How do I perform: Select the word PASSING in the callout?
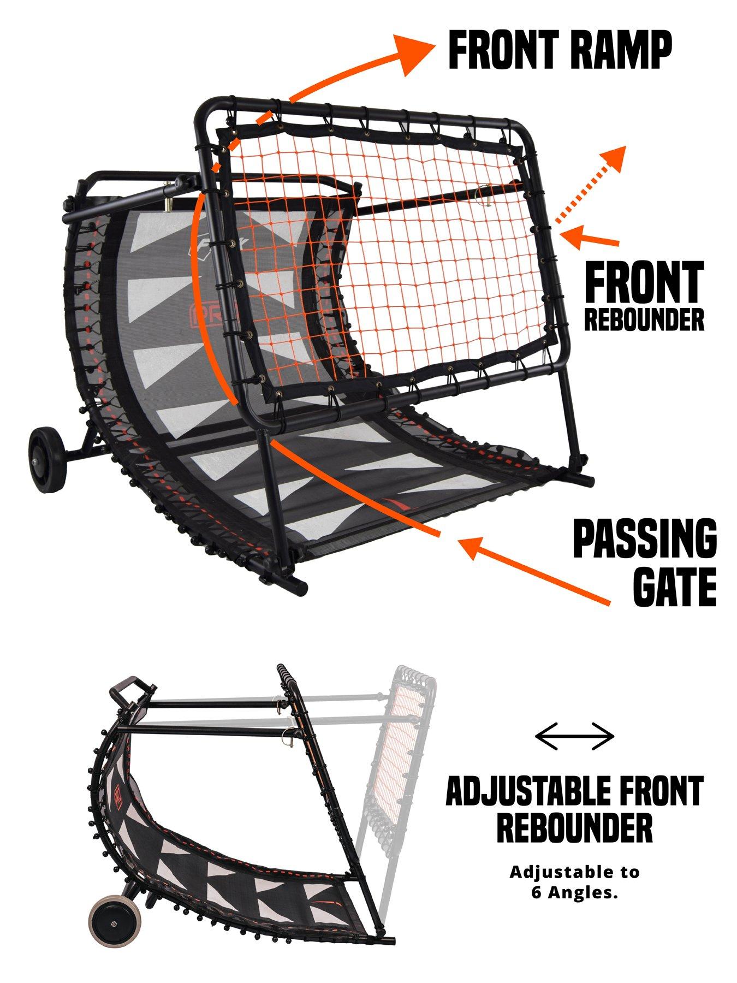645,538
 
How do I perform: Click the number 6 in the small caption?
536,895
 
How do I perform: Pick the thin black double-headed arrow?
575,736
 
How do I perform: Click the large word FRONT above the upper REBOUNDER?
644,282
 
